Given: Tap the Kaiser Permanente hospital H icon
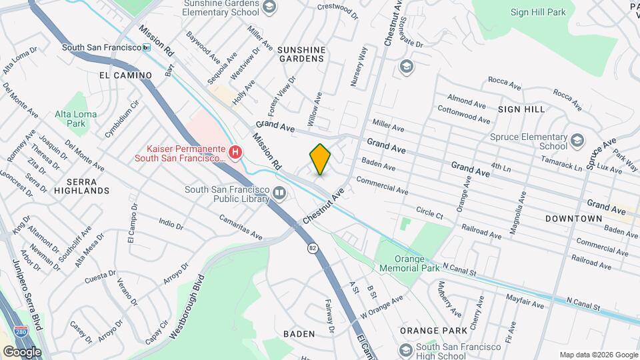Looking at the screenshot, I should coord(235,153).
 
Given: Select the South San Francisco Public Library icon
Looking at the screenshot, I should coord(279,194).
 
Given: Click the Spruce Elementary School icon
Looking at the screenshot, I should coord(577,140).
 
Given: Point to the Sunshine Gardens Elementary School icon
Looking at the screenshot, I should coord(269,7).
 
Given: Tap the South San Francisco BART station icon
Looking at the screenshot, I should coord(147,47).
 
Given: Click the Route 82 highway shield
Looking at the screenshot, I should coord(312,248).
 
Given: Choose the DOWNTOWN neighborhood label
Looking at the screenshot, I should coord(573,219).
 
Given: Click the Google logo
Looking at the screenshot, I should coord(22,351).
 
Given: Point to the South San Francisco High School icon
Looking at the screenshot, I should coord(405,350).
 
